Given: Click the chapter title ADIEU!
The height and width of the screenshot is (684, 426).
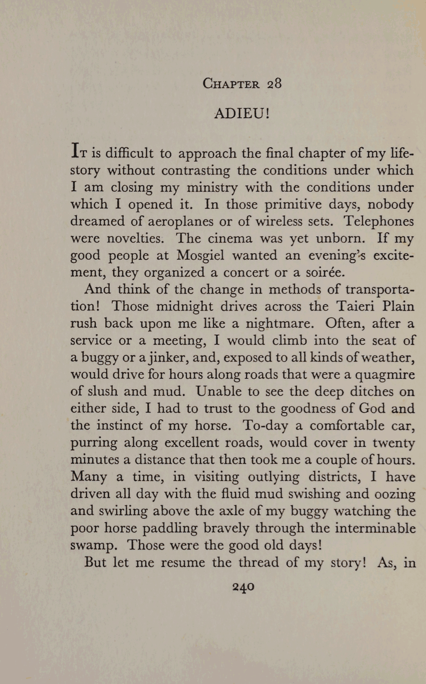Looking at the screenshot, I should click(242, 114).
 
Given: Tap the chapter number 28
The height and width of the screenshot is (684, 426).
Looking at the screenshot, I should click(274, 83).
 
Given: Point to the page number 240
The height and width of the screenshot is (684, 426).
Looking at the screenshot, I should click(243, 586).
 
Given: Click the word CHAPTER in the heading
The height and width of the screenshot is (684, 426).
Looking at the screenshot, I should click(231, 84).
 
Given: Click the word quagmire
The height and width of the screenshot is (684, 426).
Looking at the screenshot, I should click(385, 375).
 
